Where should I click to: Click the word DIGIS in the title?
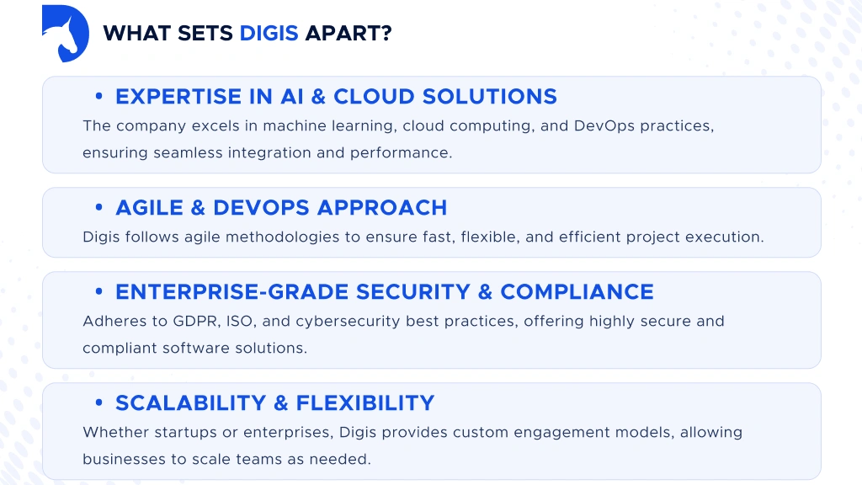(269, 34)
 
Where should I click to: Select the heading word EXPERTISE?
(178, 97)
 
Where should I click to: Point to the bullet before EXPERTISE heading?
(99, 97)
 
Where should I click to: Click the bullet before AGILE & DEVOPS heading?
(99, 208)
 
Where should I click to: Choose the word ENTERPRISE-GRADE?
(232, 292)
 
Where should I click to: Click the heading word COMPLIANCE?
(577, 292)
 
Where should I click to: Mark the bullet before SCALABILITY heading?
(99, 403)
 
